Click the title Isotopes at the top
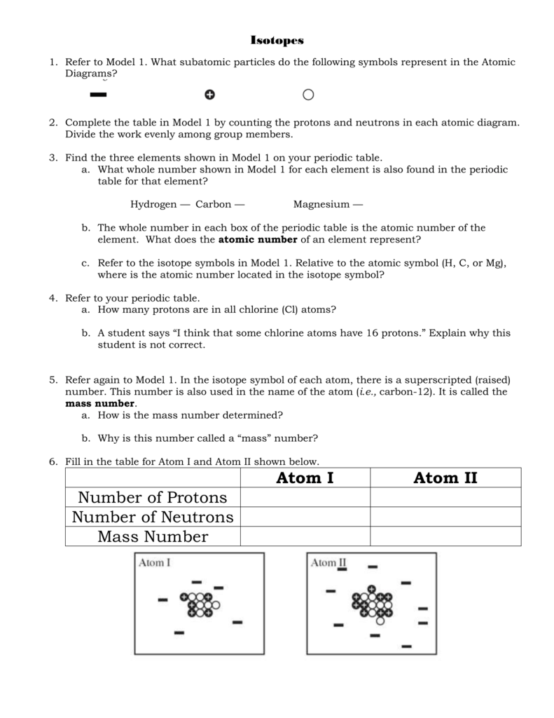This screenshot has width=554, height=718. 277,41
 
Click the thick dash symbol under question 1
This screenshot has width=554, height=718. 98,94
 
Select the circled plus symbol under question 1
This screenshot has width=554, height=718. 209,95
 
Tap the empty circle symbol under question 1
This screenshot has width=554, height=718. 308,95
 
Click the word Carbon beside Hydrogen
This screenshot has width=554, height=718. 213,205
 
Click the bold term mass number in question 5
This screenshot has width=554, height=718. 100,404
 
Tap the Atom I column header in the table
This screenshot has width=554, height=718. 305,478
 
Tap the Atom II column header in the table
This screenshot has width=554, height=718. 445,478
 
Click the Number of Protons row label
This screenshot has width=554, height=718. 153,498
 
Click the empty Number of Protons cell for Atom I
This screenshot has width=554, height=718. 305,498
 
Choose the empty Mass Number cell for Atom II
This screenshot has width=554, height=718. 445,537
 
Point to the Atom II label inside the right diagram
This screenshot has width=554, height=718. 328,562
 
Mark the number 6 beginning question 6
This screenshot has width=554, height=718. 53,461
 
